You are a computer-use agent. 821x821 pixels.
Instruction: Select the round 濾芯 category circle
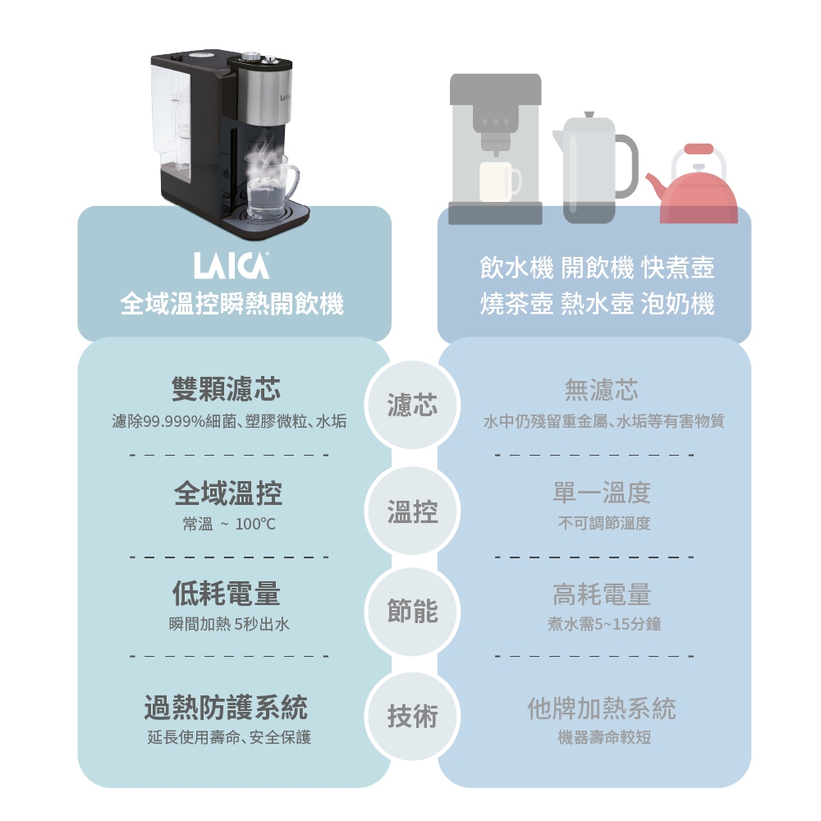(413, 405)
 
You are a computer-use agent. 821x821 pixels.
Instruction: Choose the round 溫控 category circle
(413, 511)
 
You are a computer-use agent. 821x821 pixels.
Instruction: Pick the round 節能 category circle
(413, 612)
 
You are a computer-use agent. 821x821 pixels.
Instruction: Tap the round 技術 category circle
(413, 717)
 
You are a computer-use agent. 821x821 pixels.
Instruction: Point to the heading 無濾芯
(601, 388)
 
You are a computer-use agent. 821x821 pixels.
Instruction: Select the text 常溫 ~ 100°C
(223, 524)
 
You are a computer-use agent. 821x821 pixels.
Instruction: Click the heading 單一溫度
(601, 493)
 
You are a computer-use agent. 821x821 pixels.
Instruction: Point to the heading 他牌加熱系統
(602, 708)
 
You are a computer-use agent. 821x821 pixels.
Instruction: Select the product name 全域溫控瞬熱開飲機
(232, 305)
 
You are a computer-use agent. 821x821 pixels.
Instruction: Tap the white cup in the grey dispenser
(498, 181)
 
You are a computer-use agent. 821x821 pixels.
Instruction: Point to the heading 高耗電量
(601, 594)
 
